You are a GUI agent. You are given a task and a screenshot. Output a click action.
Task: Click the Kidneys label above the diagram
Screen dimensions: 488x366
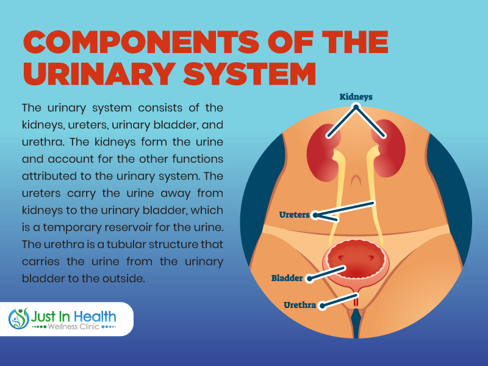(x=356, y=97)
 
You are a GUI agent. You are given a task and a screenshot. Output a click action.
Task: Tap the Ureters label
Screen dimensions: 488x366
(x=294, y=215)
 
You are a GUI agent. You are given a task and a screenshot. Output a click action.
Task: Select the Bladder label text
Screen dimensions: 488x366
(x=287, y=278)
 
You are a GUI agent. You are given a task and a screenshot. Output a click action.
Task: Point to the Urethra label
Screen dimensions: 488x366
(x=300, y=305)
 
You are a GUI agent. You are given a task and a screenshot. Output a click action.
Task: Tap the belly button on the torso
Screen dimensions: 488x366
(x=356, y=180)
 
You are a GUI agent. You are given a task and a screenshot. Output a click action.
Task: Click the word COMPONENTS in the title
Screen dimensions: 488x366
(x=141, y=42)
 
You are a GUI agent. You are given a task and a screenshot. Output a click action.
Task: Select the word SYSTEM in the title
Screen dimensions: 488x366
(x=249, y=74)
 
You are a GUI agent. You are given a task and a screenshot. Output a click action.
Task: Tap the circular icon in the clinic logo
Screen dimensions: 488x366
(x=19, y=318)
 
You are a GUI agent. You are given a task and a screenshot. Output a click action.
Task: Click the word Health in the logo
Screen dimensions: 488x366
(x=95, y=317)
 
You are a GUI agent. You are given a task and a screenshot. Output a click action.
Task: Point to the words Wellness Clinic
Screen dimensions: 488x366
(x=73, y=327)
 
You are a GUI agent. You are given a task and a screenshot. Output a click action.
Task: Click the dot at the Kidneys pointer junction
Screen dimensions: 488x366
(x=356, y=107)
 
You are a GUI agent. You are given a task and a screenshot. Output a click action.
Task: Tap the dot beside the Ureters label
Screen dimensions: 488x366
(x=315, y=215)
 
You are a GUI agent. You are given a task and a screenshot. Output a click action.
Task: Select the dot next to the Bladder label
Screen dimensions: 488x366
(x=309, y=278)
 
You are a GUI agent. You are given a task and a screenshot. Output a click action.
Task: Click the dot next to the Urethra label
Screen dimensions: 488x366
(x=323, y=306)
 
